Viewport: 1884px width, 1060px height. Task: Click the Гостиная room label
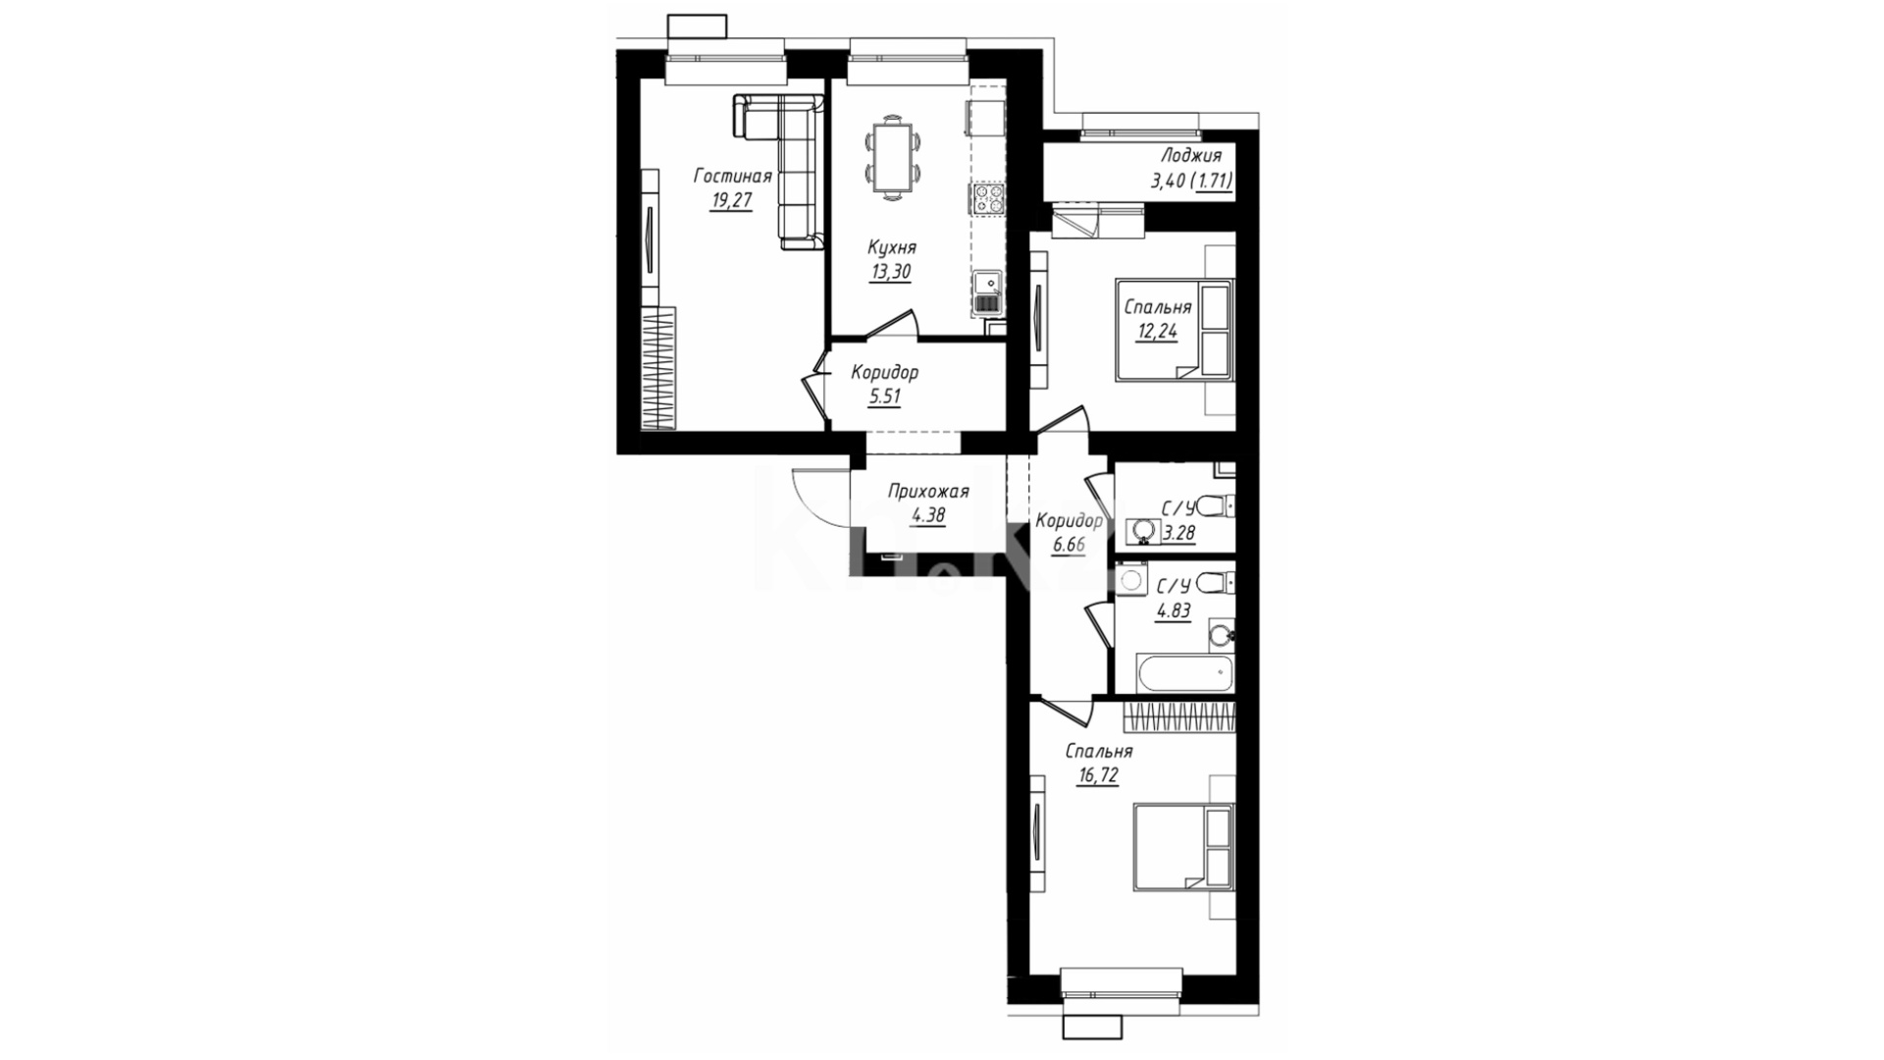click(x=732, y=177)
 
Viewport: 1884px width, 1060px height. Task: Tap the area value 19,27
click(x=732, y=202)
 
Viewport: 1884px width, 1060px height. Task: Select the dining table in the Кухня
click(x=893, y=158)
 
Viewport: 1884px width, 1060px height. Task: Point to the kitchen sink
click(x=989, y=293)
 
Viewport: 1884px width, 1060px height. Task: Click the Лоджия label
click(x=1190, y=155)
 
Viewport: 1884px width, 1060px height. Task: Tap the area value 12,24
click(x=1157, y=332)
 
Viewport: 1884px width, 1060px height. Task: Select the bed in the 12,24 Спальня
click(x=1174, y=330)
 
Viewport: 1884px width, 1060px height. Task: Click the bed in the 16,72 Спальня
click(x=1182, y=846)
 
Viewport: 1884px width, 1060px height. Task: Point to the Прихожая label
click(x=927, y=492)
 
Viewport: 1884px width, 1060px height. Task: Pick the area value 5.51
click(x=884, y=397)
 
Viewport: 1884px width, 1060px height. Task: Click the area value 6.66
click(x=1069, y=544)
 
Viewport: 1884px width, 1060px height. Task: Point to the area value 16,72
click(x=1097, y=775)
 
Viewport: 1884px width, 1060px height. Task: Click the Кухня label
click(x=892, y=248)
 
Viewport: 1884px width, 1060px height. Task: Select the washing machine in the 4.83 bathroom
click(x=1131, y=579)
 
